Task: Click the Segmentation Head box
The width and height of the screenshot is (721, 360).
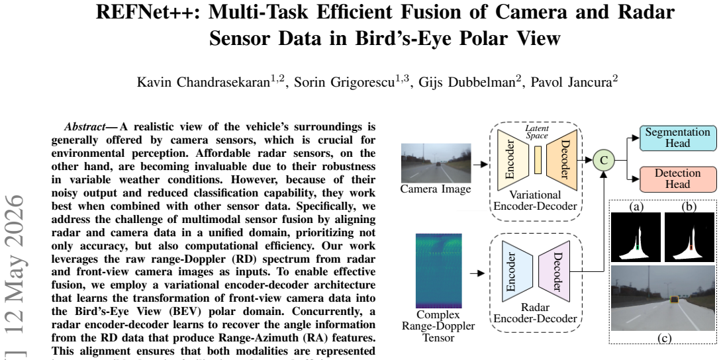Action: pyautogui.click(x=678, y=138)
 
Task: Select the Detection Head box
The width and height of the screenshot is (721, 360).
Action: pyautogui.click(x=678, y=179)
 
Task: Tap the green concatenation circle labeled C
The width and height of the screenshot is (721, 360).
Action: pyautogui.click(x=604, y=160)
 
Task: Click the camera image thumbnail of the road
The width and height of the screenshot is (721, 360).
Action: pyautogui.click(x=436, y=163)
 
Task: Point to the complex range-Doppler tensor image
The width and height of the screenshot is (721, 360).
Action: pyautogui.click(x=439, y=271)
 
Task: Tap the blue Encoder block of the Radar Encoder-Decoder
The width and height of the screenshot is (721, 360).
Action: pyautogui.click(x=512, y=271)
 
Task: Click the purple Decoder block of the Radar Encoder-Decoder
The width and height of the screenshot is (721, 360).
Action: pyautogui.click(x=555, y=271)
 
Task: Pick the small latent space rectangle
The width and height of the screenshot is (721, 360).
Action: pyautogui.click(x=538, y=159)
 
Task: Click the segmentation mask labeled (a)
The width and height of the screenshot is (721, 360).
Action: pyautogui.click(x=636, y=237)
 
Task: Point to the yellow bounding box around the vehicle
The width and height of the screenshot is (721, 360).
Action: pyautogui.click(x=674, y=300)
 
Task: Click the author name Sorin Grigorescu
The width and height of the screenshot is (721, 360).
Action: pyautogui.click(x=352, y=82)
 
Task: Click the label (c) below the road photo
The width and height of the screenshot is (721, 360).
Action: pyautogui.click(x=664, y=338)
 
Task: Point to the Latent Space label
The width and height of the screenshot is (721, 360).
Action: pyautogui.click(x=537, y=132)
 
